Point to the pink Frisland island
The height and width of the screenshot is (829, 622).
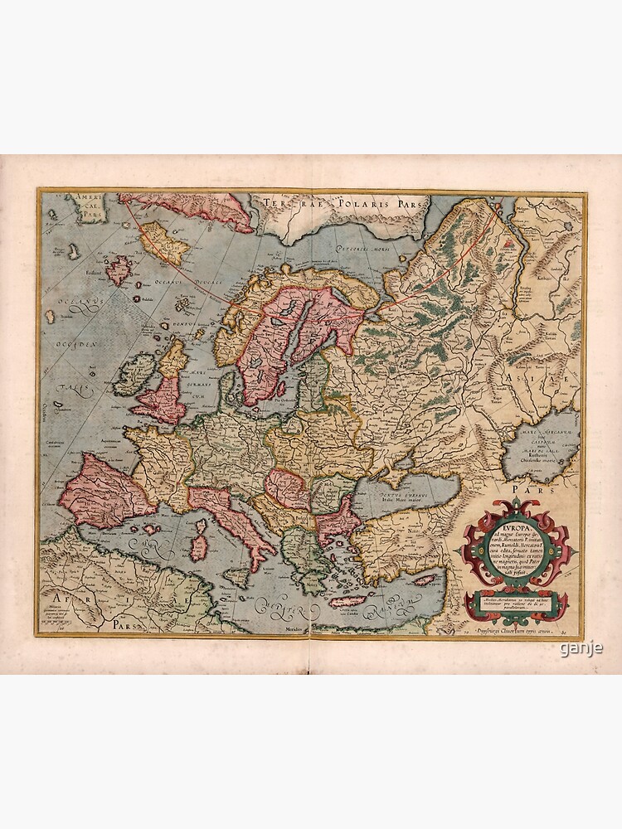point(119,269)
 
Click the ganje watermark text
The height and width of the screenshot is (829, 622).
point(581,648)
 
